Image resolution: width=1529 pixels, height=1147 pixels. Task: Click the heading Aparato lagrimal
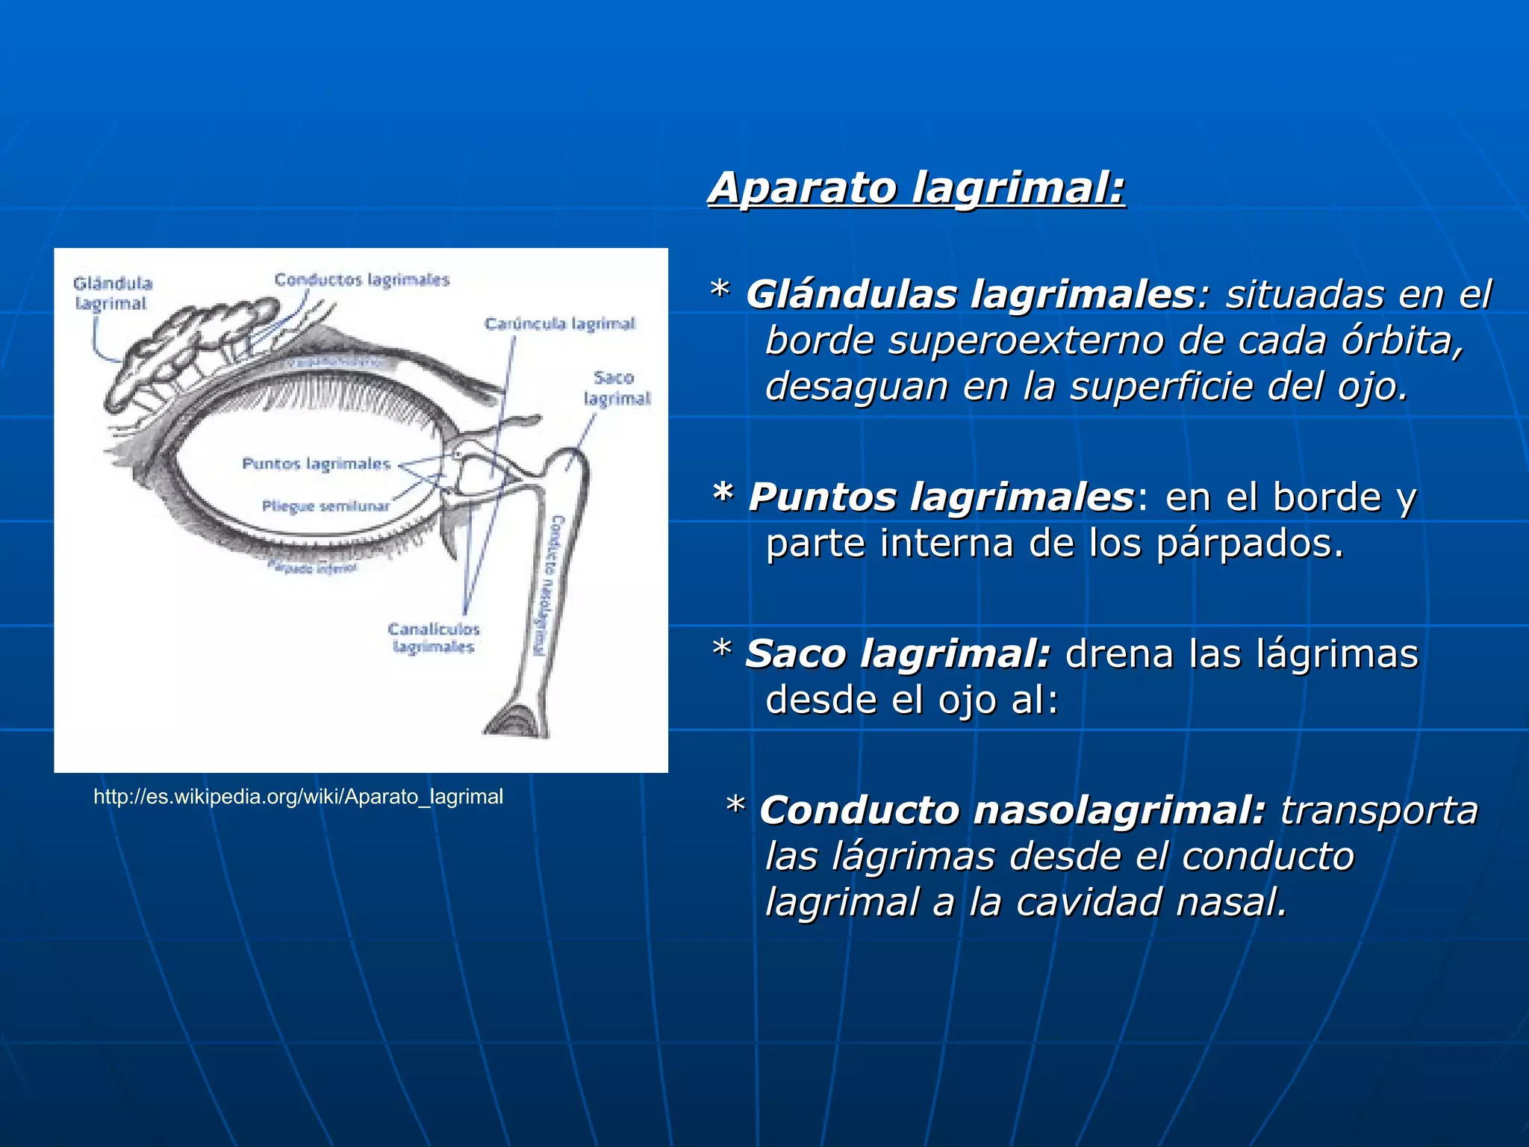[x=916, y=187]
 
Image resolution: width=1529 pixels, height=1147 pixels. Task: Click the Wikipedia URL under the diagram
[x=298, y=797]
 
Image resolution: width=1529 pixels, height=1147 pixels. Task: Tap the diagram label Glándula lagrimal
[x=112, y=293]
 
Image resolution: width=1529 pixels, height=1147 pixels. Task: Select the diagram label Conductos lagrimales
[x=361, y=280]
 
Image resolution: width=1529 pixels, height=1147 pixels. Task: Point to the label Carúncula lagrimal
[x=559, y=323]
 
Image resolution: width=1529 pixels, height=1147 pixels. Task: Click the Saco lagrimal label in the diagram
[x=616, y=388]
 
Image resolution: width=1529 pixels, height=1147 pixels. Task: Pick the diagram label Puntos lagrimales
[x=316, y=464]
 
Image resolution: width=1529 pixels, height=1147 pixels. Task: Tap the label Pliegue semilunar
[x=326, y=506]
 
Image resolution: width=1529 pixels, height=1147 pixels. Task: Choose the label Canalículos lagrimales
[x=434, y=638]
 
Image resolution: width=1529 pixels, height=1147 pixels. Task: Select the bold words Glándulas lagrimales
[x=970, y=294]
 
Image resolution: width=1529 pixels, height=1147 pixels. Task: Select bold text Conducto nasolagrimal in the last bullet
[x=1012, y=810]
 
